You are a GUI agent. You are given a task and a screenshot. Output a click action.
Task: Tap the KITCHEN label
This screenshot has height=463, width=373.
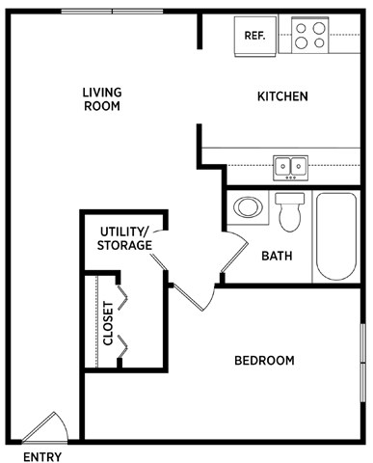click(x=282, y=96)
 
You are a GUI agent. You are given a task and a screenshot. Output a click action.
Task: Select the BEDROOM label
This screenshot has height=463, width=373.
click(x=264, y=361)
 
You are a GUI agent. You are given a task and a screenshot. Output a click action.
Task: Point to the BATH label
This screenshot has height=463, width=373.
click(x=277, y=257)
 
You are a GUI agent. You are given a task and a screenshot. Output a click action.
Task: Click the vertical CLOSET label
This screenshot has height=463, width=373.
click(x=108, y=323)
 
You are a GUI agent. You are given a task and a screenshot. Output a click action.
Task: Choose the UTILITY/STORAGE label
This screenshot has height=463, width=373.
click(x=124, y=238)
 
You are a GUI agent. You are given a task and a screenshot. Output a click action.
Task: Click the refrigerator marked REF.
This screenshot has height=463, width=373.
click(x=254, y=36)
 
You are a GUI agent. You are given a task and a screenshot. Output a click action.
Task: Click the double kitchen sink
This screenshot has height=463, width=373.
click(x=290, y=167)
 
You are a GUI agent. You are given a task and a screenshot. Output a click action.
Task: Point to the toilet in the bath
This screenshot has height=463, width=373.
click(x=289, y=212)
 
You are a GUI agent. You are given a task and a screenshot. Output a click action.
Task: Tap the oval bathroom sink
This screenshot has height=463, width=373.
click(x=247, y=207)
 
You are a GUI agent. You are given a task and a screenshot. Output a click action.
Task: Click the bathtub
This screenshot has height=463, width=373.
click(x=336, y=236)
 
